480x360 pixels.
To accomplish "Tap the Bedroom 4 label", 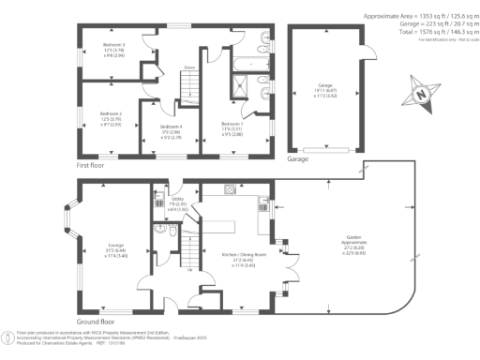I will click(170, 131).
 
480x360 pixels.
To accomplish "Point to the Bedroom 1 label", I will click(232, 128).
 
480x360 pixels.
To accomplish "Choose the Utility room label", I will click(177, 202).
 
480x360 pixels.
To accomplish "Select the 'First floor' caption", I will click(94, 163).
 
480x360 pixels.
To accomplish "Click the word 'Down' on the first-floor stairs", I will click(188, 67).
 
